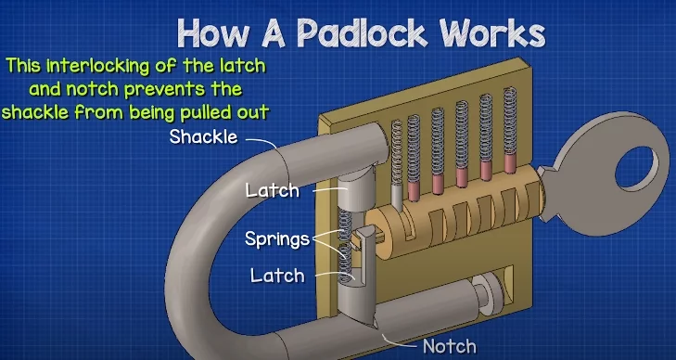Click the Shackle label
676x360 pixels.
pyautogui.click(x=203, y=137)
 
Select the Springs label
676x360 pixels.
pyautogui.click(x=277, y=238)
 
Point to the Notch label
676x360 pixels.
pyautogui.click(x=449, y=347)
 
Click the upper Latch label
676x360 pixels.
pyautogui.click(x=273, y=190)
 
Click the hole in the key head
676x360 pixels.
pyautogui.click(x=643, y=166)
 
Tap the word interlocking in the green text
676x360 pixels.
pyautogui.click(x=118, y=66)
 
